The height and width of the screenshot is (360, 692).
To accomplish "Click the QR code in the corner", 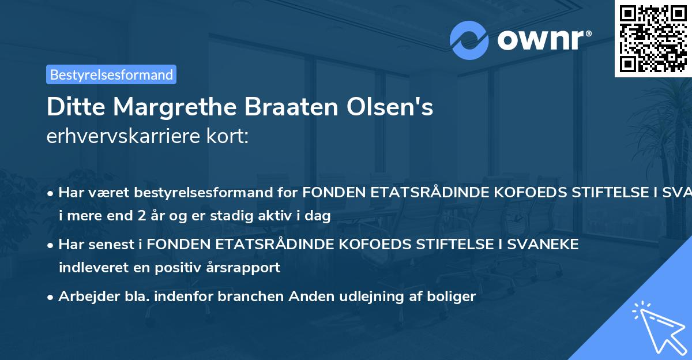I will pos(653,39).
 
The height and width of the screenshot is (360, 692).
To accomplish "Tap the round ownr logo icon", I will pos(469,40).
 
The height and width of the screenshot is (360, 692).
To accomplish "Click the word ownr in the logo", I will pos(541,40).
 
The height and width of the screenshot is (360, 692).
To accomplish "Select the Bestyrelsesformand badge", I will pos(111,74).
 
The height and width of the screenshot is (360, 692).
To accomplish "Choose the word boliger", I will pos(454,297).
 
